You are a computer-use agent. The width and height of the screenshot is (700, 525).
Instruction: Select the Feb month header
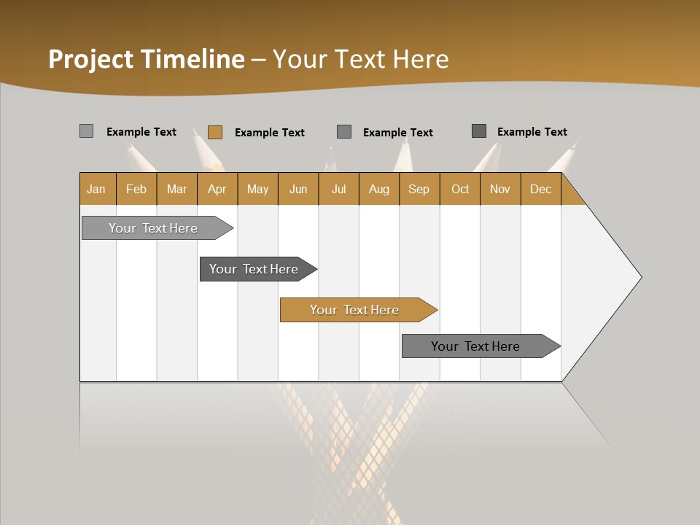click(x=136, y=189)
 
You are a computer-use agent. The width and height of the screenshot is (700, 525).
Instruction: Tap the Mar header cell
click(x=176, y=189)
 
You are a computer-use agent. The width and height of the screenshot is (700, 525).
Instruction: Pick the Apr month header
click(x=217, y=189)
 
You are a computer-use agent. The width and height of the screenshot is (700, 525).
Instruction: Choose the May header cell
click(x=257, y=189)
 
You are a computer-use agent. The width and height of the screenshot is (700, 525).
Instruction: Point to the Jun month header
click(x=298, y=189)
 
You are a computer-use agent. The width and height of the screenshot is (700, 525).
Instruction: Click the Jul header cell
click(x=338, y=189)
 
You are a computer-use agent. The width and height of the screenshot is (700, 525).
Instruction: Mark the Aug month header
click(x=379, y=189)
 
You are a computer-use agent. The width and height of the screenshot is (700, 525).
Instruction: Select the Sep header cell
click(x=419, y=189)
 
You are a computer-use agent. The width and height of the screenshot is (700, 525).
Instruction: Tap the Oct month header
click(x=460, y=189)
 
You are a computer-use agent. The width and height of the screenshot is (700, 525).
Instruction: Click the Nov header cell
click(x=500, y=189)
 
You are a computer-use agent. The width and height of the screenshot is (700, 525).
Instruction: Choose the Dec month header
click(x=541, y=189)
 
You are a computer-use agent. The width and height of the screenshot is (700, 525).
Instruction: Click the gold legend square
click(x=214, y=132)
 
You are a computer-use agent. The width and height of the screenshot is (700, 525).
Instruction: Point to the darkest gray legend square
click(x=479, y=131)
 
